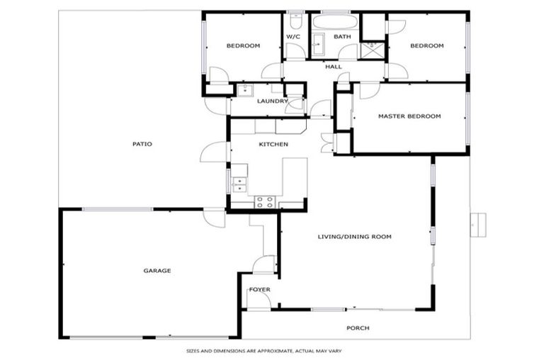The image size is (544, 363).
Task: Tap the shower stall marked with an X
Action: coord(370,49)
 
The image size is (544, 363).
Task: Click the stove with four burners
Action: coord(265,201)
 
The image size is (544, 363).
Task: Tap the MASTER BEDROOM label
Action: coord(409,116)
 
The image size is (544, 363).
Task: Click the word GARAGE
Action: coord(157,270)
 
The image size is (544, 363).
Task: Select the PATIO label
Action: coord(142,144)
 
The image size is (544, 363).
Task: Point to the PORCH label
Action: coord(358,328)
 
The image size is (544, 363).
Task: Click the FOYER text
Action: coord(259,289)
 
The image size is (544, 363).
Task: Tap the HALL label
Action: coord(333,67)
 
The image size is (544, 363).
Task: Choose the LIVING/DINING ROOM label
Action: coord(354,237)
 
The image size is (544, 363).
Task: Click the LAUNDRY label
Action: coord(272,101)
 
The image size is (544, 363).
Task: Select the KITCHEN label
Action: coord(273,144)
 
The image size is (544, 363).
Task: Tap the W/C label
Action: coord(294,36)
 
